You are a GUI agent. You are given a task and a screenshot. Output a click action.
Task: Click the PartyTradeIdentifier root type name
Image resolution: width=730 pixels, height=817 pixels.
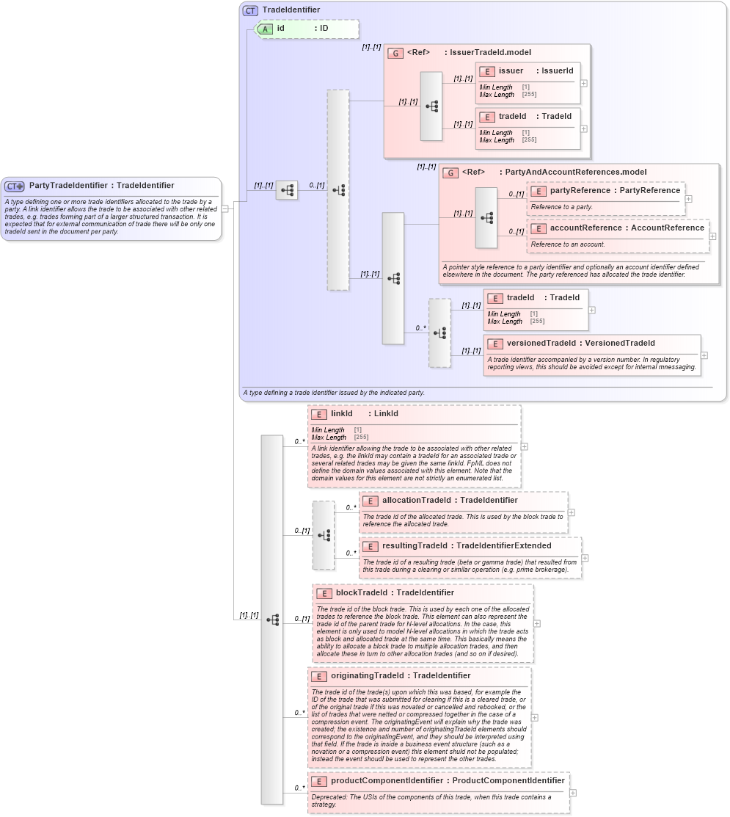click(101, 186)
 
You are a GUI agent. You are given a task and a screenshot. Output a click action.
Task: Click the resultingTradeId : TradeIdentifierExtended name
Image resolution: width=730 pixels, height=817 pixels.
click(467, 546)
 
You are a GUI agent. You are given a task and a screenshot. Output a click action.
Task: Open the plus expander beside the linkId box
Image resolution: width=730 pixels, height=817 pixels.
click(525, 446)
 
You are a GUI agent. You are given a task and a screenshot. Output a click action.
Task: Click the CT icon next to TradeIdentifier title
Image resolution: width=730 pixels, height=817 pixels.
click(250, 10)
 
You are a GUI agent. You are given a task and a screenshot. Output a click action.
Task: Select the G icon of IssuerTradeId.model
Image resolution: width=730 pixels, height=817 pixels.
click(395, 53)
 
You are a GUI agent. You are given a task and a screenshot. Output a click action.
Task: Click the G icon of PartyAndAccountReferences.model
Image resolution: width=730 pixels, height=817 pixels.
click(450, 173)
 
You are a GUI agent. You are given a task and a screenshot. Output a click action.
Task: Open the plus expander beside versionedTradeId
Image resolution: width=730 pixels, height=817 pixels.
click(704, 355)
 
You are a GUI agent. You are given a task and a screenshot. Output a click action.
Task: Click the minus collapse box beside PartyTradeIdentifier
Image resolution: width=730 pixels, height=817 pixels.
click(225, 208)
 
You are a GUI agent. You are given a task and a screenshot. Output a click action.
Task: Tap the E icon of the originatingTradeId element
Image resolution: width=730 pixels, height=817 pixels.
click(318, 676)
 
